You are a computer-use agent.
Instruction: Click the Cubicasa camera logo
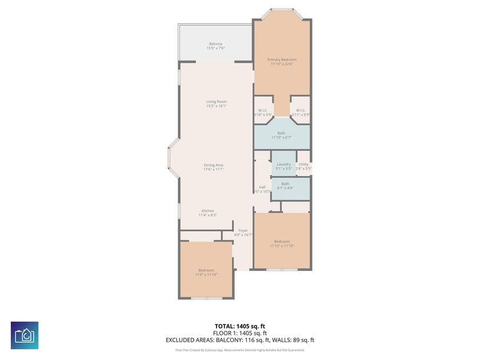[x=25, y=335]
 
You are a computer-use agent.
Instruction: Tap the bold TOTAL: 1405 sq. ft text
[x=240, y=326]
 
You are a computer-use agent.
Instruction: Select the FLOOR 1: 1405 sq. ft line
[x=240, y=333]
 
